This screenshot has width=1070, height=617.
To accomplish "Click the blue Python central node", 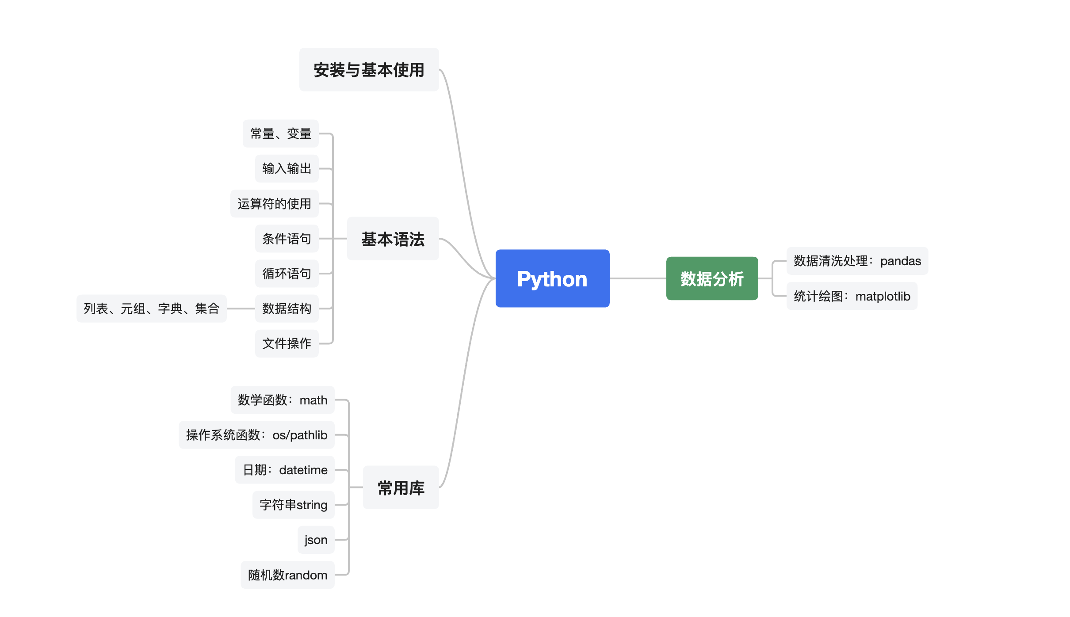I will (x=552, y=278).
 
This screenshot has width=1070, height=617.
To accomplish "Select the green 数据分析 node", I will (x=712, y=278).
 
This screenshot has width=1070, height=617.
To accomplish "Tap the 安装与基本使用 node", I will (x=369, y=70).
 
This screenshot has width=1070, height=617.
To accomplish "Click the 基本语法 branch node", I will (x=393, y=239).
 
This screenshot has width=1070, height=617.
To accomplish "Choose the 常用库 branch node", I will (x=401, y=488).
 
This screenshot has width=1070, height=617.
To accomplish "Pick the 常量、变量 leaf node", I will (x=281, y=133).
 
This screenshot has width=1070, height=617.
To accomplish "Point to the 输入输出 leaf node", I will (x=287, y=168).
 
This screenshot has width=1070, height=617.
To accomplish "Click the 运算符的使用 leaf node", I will (x=274, y=204).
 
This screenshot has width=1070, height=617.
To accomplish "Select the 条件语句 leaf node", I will (x=287, y=239).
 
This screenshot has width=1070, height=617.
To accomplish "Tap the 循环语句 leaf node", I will (x=287, y=274).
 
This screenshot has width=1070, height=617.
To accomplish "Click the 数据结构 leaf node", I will (x=287, y=308).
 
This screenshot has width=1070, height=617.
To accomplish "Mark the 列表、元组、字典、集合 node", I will (x=151, y=308).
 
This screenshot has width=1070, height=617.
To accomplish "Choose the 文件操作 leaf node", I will (x=287, y=343).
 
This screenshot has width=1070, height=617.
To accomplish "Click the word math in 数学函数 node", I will (x=313, y=400).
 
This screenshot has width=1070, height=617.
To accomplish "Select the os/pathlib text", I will (x=300, y=435).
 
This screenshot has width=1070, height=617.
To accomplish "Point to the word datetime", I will (x=303, y=470).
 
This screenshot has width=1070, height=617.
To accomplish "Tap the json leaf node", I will (x=316, y=540).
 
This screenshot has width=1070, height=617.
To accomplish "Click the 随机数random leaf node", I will (x=287, y=575).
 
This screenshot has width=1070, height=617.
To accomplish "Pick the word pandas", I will (x=900, y=261).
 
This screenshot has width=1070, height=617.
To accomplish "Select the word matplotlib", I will (x=883, y=296).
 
